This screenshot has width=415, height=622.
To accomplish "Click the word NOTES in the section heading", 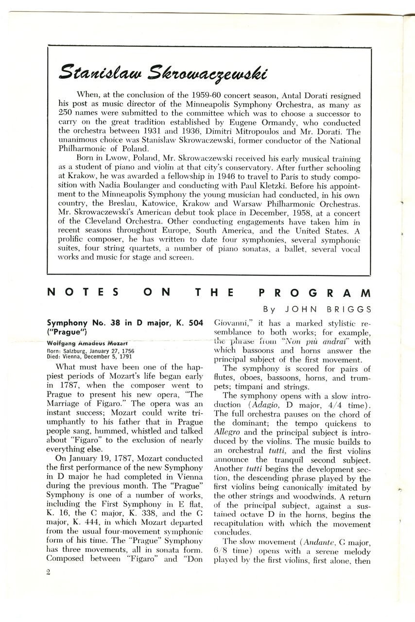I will click(83, 293).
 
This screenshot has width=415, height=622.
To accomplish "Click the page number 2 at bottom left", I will click(49, 572).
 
